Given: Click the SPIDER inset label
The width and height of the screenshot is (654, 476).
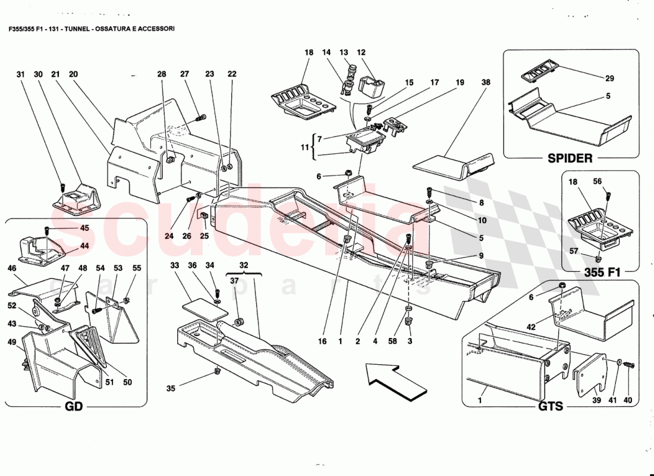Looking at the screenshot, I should pyautogui.click(x=570, y=158).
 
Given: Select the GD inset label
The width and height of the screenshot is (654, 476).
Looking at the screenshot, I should pyautogui.click(x=75, y=408).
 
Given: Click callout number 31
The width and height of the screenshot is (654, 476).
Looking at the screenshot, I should pyautogui.click(x=21, y=74).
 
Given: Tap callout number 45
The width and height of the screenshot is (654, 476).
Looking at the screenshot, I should pyautogui.click(x=84, y=227).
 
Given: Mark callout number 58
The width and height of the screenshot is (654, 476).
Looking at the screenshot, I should pyautogui.click(x=392, y=342).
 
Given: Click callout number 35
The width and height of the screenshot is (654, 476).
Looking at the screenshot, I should pyautogui.click(x=171, y=389).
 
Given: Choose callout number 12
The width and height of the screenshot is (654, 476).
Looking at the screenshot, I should pyautogui.click(x=361, y=53).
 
